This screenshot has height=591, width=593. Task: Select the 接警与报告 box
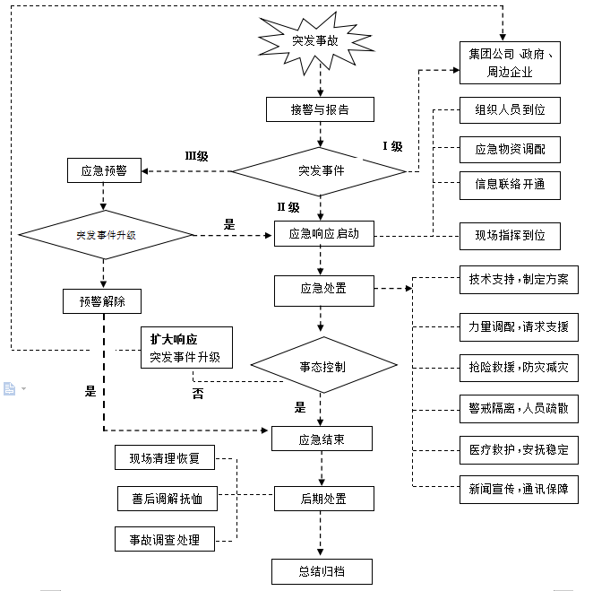[320, 109]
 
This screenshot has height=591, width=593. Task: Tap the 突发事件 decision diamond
[321, 170]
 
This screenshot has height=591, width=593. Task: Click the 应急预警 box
[104, 170]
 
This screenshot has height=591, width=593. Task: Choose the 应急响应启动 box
[323, 235]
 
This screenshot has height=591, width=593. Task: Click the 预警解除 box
[103, 301]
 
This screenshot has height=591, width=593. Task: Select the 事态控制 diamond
[322, 367]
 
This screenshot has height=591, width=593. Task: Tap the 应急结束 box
[322, 439]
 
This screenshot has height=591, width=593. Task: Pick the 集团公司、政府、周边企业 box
[510, 62]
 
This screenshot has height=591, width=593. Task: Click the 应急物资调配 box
[510, 150]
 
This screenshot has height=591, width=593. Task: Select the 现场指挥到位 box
[510, 236]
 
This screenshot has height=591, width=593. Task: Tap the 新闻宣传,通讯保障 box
[518, 489]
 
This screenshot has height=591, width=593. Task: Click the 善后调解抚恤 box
[168, 498]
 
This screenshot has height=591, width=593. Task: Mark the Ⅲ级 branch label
[196, 156]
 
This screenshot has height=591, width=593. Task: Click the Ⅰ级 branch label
[392, 146]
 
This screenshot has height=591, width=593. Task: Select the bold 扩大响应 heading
[174, 340]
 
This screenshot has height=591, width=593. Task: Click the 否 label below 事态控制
[198, 393]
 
